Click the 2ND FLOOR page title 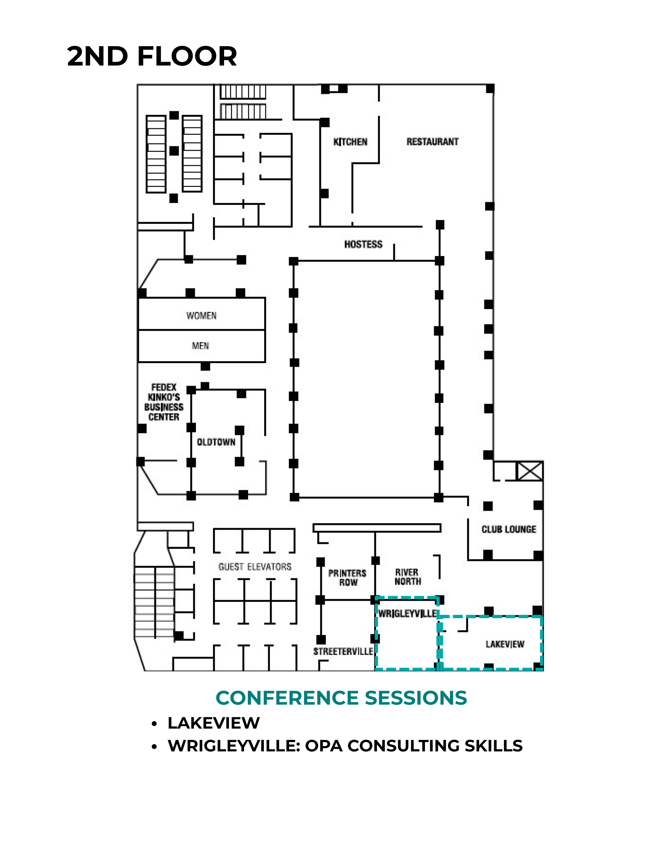click(x=152, y=56)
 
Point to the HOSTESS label click(x=363, y=244)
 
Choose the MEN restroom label click(x=200, y=346)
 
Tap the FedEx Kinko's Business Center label click(x=164, y=402)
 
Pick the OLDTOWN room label click(x=216, y=442)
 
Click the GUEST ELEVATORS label click(x=255, y=567)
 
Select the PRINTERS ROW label click(x=347, y=578)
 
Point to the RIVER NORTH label click(x=408, y=577)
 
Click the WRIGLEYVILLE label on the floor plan click(x=407, y=614)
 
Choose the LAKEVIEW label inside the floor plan click(x=505, y=644)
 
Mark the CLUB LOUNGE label click(x=509, y=529)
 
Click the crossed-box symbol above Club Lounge click(x=530, y=471)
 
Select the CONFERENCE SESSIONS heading click(x=341, y=698)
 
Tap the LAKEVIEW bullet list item click(x=214, y=723)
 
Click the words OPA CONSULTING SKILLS click(x=414, y=746)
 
